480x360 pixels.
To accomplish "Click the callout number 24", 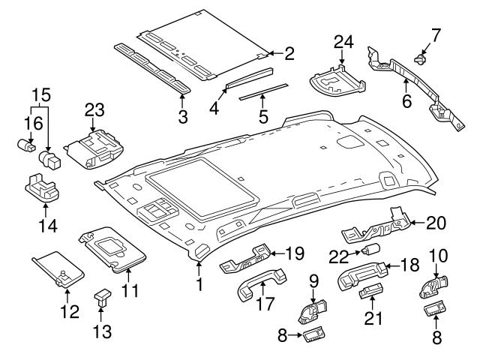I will pos(343,41).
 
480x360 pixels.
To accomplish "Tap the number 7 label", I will pos(436,35).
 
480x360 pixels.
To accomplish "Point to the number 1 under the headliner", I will pos(199,286).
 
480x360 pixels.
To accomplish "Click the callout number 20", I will pos(436,222).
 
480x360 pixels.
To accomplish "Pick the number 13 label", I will pos(100,331).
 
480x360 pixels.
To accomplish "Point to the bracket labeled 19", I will pos(248,259).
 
